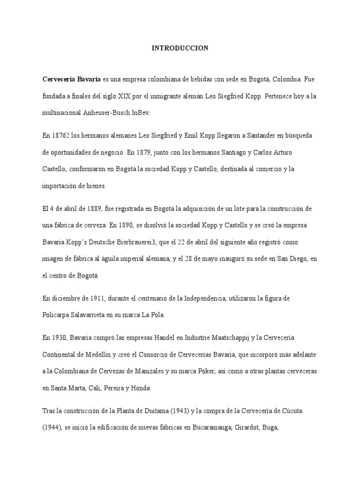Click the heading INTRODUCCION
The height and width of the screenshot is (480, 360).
pos(180,48)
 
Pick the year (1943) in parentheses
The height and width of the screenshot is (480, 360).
pos(202,410)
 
